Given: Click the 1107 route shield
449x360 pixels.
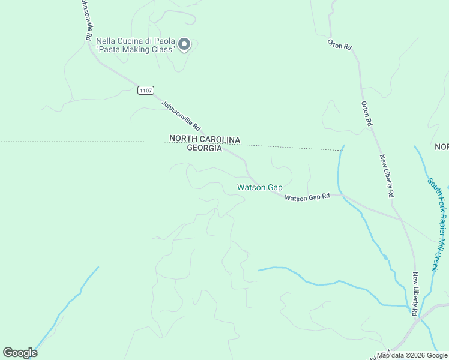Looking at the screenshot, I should (x=145, y=91).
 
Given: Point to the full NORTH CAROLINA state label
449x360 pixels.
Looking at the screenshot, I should (x=205, y=139).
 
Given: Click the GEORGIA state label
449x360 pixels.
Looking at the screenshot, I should (x=205, y=148).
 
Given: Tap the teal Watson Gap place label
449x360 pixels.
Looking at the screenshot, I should (x=259, y=188).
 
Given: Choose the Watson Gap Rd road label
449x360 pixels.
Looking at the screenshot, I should (x=307, y=197).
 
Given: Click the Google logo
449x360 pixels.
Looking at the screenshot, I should (x=20, y=353).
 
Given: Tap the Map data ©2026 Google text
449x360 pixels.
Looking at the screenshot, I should (x=412, y=355).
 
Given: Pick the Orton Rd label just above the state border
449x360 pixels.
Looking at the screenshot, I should (x=367, y=113).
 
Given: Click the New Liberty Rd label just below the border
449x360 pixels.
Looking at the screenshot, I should (x=386, y=176).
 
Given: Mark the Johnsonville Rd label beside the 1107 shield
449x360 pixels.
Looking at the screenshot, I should (x=181, y=115).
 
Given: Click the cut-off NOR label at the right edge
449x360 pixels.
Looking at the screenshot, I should (x=442, y=147).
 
